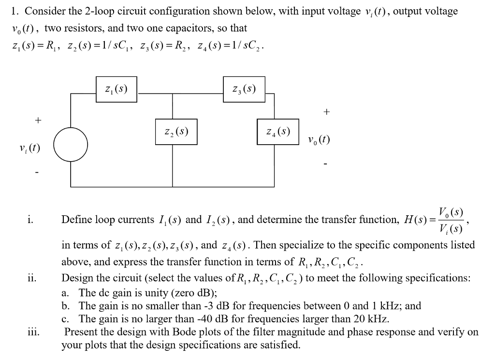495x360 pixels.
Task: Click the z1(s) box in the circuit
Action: (116, 89)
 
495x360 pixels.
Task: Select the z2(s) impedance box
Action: (176, 131)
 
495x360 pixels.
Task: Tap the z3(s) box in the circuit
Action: (244, 89)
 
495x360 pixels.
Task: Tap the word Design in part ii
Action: (75, 279)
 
